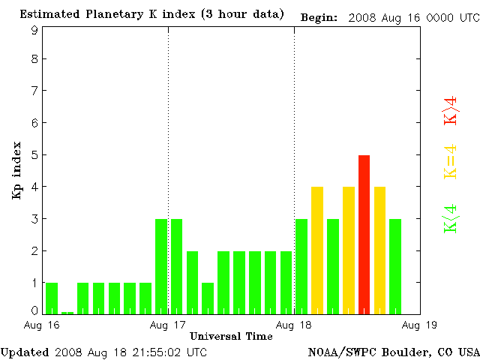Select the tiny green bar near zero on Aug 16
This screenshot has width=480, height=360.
pyautogui.click(x=67, y=312)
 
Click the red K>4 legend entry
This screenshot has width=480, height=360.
pyautogui.click(x=450, y=110)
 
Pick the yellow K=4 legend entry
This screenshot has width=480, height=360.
pyautogui.click(x=450, y=161)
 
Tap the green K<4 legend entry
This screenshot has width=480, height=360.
pyautogui.click(x=450, y=218)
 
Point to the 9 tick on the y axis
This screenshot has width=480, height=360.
pyautogui.click(x=34, y=30)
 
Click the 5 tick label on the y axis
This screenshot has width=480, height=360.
pyautogui.click(x=34, y=155)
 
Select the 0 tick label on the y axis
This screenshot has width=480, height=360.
pyautogui.click(x=34, y=310)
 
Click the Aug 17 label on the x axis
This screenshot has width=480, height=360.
pyautogui.click(x=168, y=325)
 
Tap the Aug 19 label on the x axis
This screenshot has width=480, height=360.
pyautogui.click(x=420, y=325)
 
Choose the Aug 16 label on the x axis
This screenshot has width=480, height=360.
pyautogui.click(x=42, y=325)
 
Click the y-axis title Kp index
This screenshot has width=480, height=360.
pyautogui.click(x=16, y=170)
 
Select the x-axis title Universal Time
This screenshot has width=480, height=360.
pyautogui.click(x=231, y=336)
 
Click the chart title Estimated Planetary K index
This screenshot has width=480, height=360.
pyautogui.click(x=151, y=14)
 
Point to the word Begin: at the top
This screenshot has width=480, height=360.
pyautogui.click(x=319, y=16)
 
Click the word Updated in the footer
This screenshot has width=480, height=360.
pyautogui.click(x=25, y=352)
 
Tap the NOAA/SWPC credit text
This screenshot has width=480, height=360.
pyautogui.click(x=393, y=352)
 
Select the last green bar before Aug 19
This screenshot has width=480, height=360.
pyautogui.click(x=395, y=265)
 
